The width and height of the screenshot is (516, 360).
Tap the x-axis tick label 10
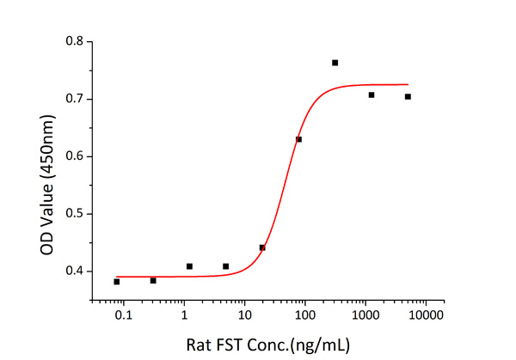244,316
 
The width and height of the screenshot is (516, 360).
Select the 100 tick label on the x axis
305,316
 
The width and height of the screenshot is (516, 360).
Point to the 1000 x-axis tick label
365,316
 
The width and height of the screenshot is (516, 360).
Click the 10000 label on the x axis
426,316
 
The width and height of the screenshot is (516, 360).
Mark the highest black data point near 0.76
335,63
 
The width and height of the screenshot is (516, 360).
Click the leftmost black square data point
117,282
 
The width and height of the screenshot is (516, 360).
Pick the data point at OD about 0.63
298,139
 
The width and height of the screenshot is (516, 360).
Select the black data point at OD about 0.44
262,247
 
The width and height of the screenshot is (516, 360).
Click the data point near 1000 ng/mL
372,95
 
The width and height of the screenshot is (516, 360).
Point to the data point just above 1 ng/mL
189,266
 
